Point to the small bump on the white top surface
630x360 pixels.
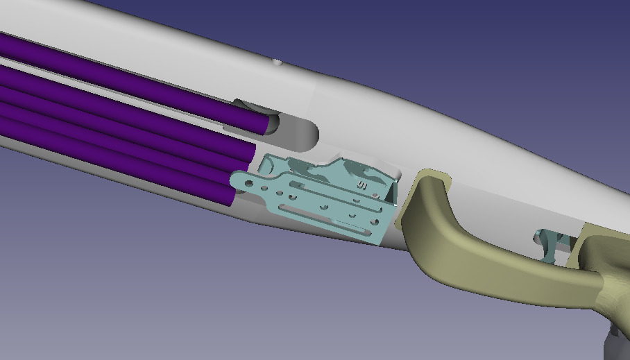click(277, 62)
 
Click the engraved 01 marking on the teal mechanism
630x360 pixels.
click(361, 185)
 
